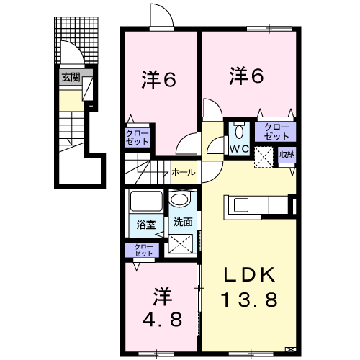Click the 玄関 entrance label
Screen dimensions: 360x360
(71, 78)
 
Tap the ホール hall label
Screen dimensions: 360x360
(184, 172)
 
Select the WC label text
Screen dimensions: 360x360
(239, 149)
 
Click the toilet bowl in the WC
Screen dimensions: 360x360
(239, 130)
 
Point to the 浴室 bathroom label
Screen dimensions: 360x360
(146, 225)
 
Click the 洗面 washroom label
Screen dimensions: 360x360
(183, 222)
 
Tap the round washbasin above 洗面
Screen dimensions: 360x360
(180, 199)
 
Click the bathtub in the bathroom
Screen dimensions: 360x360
(146, 201)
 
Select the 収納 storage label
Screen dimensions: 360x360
(287, 155)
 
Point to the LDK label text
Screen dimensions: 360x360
(250, 275)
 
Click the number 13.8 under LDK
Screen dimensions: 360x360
(250, 300)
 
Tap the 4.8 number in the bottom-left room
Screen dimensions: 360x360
(162, 319)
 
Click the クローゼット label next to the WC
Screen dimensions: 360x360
(276, 132)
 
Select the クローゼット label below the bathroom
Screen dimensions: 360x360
(143, 250)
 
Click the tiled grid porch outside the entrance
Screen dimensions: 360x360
(76, 40)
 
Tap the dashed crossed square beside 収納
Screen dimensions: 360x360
(264, 157)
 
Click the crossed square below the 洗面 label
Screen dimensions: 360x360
(181, 243)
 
